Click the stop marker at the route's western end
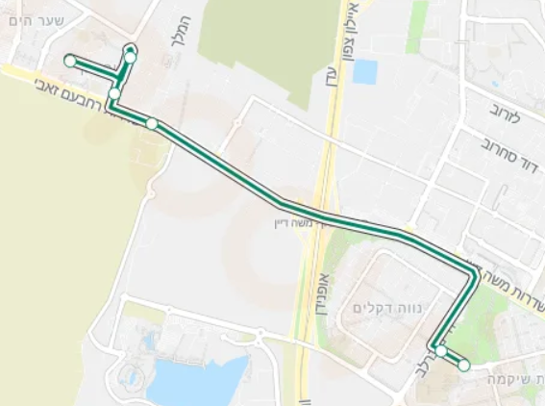tap(69, 61)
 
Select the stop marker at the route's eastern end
tap(464, 366)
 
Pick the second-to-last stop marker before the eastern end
tap(440, 351)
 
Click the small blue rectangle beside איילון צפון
tap(365, 72)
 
